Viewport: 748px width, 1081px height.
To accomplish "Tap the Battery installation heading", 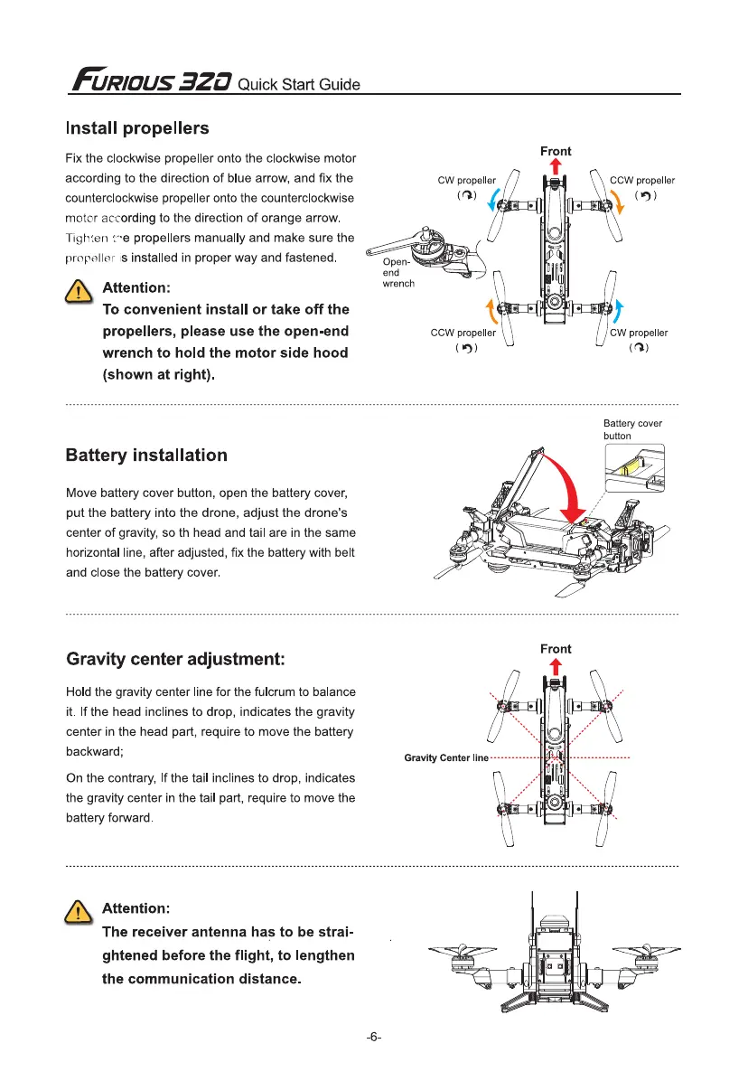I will pyautogui.click(x=146, y=455).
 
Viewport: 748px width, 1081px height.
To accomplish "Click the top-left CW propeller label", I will pyautogui.click(x=466, y=180).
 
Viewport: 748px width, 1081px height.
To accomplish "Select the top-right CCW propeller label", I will pyautogui.click(x=642, y=180).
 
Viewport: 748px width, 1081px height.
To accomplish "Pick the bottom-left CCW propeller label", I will pyautogui.click(x=463, y=333).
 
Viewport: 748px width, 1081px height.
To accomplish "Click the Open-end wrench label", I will pyautogui.click(x=397, y=271).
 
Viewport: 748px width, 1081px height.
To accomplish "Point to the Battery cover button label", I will pyautogui.click(x=632, y=429).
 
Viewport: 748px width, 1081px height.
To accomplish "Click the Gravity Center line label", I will pyautogui.click(x=446, y=757).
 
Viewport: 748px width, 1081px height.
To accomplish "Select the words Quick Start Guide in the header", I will pyautogui.click(x=299, y=85).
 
